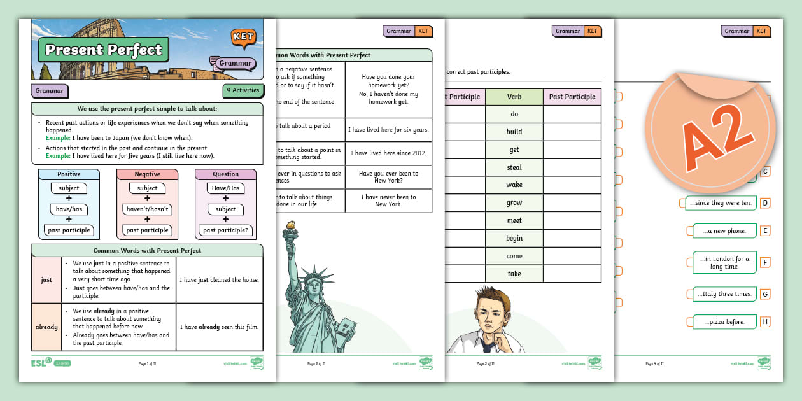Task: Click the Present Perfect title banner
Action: click(x=103, y=50)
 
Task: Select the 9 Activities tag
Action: click(x=243, y=90)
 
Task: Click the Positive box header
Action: click(x=69, y=174)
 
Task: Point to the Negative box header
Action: click(x=147, y=174)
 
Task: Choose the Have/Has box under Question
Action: click(x=225, y=188)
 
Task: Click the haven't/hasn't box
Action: click(x=147, y=209)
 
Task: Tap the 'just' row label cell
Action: click(x=46, y=280)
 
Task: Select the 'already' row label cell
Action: click(x=46, y=327)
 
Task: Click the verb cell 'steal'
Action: click(x=514, y=167)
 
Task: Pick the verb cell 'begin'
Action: click(x=514, y=238)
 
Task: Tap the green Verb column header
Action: click(x=514, y=97)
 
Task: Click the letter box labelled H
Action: click(x=765, y=322)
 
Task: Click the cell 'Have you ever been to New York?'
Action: click(x=388, y=178)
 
